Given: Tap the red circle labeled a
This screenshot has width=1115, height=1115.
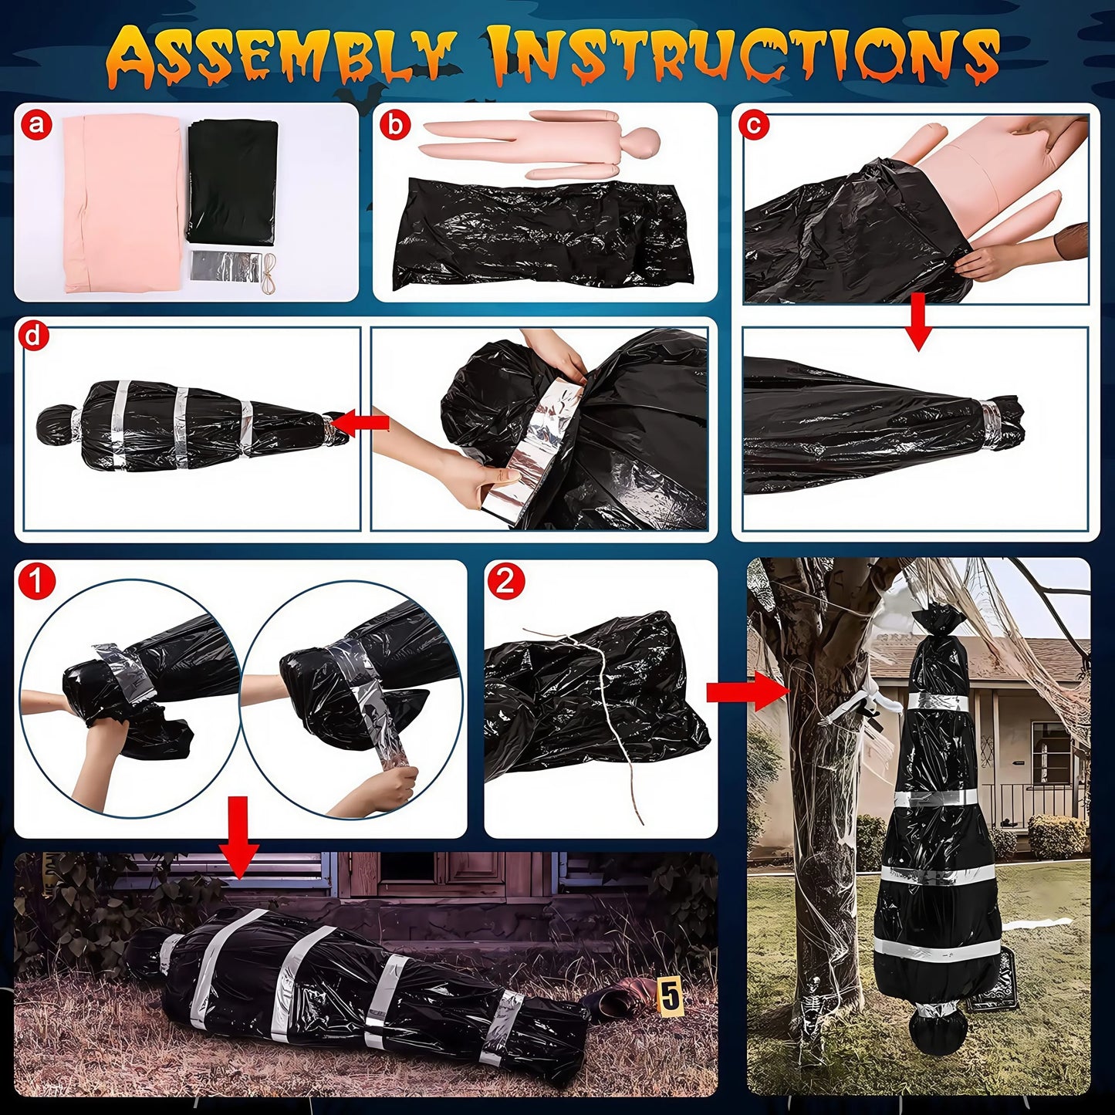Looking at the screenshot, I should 36,123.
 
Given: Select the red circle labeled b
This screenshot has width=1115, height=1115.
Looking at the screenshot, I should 395,123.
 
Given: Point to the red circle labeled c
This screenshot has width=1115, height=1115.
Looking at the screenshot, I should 754,123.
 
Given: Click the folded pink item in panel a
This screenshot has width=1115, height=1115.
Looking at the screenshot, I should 123,204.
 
